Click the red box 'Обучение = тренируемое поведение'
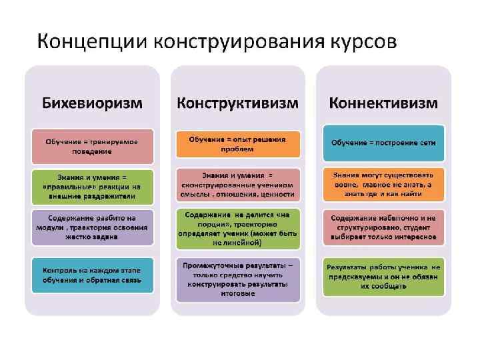[x=92, y=146]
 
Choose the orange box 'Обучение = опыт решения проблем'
[x=238, y=144]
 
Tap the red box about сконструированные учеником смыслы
[x=238, y=184]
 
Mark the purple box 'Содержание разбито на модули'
[x=92, y=227]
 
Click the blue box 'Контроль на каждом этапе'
[x=92, y=275]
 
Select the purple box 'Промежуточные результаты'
[x=238, y=279]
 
